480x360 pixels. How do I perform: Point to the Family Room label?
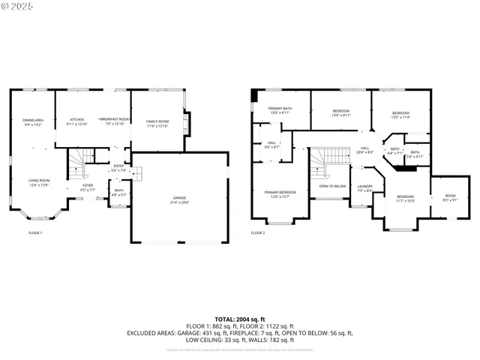157,122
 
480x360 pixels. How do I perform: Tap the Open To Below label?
332,186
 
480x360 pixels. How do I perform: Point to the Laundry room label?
365,188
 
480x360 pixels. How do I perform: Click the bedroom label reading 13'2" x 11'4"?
400,115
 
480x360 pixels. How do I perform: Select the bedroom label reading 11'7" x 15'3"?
405,199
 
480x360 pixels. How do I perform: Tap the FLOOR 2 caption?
259,233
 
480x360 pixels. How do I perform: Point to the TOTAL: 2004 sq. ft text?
239,320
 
